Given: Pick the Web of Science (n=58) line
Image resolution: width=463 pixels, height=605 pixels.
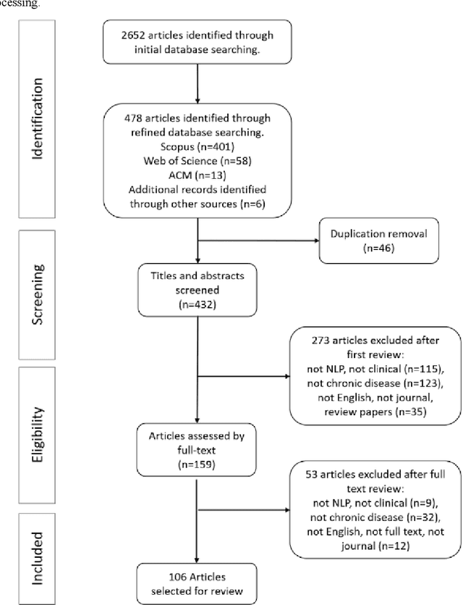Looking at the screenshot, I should pyautogui.click(x=197, y=162).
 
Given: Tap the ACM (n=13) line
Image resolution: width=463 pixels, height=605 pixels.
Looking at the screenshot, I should pyautogui.click(x=197, y=175).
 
